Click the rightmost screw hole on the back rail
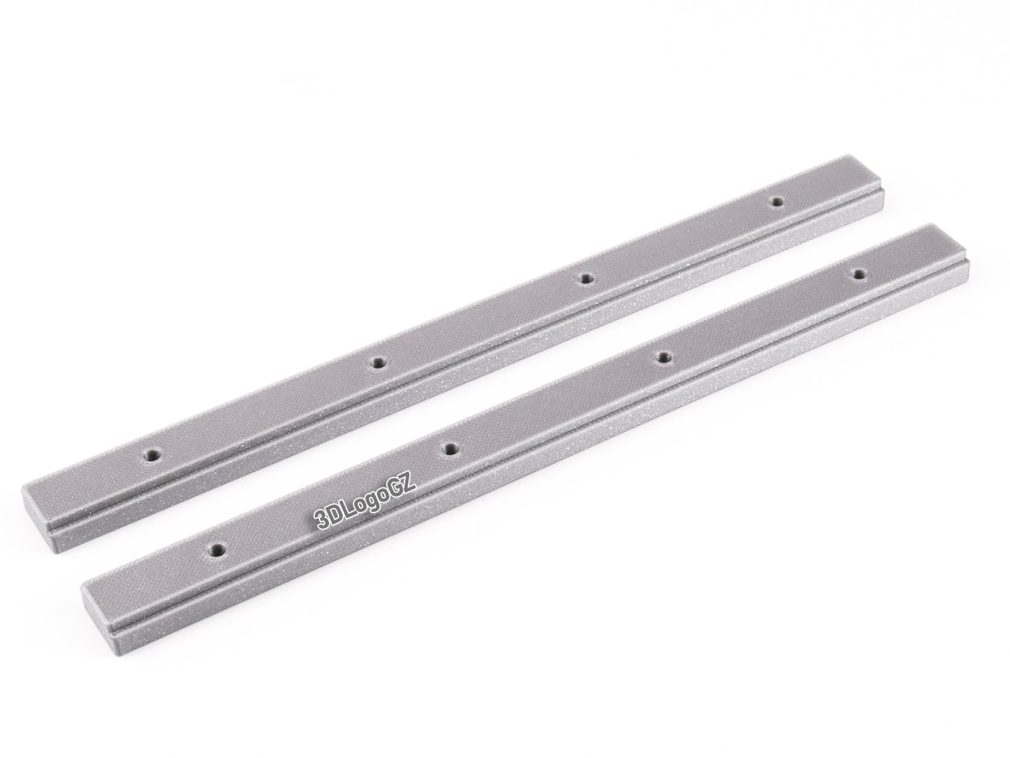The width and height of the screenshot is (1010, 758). (777, 201)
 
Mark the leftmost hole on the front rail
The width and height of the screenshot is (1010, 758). (217, 548)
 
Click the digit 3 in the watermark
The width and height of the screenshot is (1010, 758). (321, 519)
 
